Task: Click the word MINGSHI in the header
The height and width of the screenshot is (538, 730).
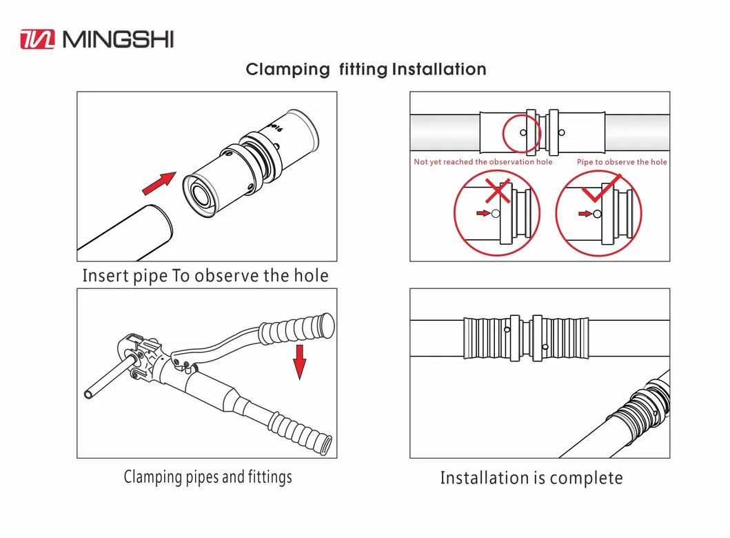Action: (x=118, y=39)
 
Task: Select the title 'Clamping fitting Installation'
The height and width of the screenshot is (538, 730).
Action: (x=366, y=69)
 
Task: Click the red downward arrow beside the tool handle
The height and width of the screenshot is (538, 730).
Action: (x=299, y=362)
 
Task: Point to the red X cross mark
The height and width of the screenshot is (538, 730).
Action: (x=497, y=190)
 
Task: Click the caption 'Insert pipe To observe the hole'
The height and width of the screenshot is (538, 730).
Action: (x=205, y=276)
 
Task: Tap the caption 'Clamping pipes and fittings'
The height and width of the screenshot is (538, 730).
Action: (x=207, y=477)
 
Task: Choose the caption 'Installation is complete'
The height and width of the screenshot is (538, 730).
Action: (x=531, y=478)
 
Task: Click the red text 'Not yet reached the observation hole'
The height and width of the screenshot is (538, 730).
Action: (x=483, y=162)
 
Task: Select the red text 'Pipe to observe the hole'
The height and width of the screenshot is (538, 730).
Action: (x=622, y=162)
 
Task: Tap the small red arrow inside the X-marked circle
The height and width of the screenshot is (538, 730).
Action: (x=483, y=214)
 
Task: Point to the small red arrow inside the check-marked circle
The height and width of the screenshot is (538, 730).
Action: (x=585, y=214)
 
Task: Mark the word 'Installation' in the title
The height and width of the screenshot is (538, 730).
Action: (x=439, y=69)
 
